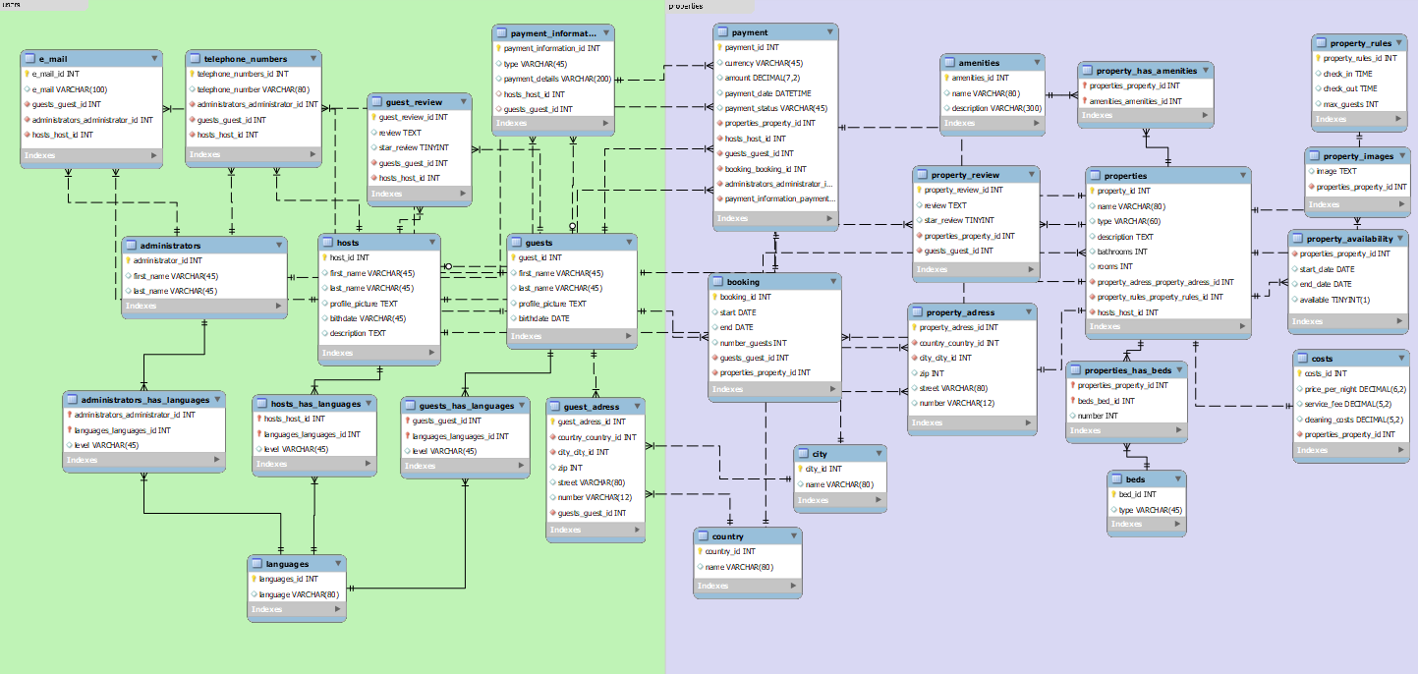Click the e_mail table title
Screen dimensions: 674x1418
click(53, 59)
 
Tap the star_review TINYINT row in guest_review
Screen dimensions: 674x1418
click(413, 147)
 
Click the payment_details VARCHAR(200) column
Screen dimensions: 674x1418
click(557, 79)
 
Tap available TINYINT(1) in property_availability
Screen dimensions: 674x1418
click(1333, 299)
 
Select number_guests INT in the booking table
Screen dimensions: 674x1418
click(754, 343)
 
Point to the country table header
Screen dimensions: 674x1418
click(728, 536)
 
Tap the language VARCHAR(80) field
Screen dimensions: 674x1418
click(299, 594)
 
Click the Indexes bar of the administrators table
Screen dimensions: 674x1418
click(204, 306)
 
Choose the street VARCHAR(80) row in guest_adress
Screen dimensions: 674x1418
click(591, 482)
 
